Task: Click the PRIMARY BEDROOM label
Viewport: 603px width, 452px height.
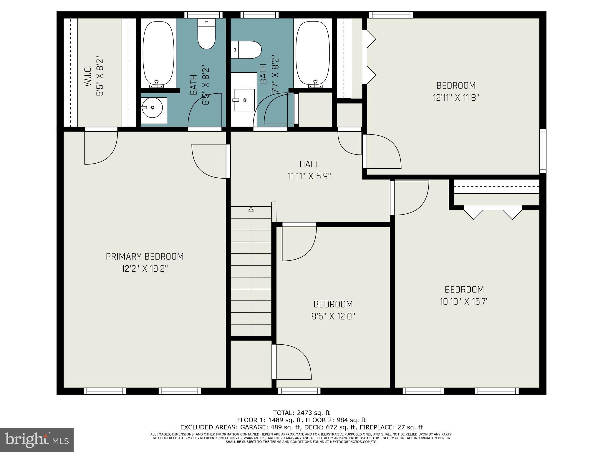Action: [x=145, y=257]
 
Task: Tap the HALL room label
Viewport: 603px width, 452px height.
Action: [x=309, y=164]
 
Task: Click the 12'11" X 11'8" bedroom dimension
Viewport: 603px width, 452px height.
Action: [x=456, y=98]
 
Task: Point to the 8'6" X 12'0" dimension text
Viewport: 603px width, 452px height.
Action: [x=333, y=316]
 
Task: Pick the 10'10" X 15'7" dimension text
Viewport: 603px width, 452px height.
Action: [x=464, y=302]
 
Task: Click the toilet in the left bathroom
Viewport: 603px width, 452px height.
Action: [x=206, y=34]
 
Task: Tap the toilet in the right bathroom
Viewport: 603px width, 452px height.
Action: [x=246, y=50]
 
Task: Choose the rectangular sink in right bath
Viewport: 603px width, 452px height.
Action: [x=244, y=100]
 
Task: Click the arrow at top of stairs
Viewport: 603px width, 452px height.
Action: [x=251, y=209]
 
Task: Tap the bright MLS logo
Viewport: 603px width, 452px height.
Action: [x=37, y=440]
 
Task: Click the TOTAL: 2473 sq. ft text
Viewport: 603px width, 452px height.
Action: [x=301, y=413]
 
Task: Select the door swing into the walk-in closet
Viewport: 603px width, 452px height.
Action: [x=101, y=147]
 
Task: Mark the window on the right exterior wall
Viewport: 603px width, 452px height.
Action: [x=543, y=151]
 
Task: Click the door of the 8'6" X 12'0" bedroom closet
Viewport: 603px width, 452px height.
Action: [x=291, y=362]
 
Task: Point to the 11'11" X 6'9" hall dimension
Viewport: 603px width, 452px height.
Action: [x=309, y=176]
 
